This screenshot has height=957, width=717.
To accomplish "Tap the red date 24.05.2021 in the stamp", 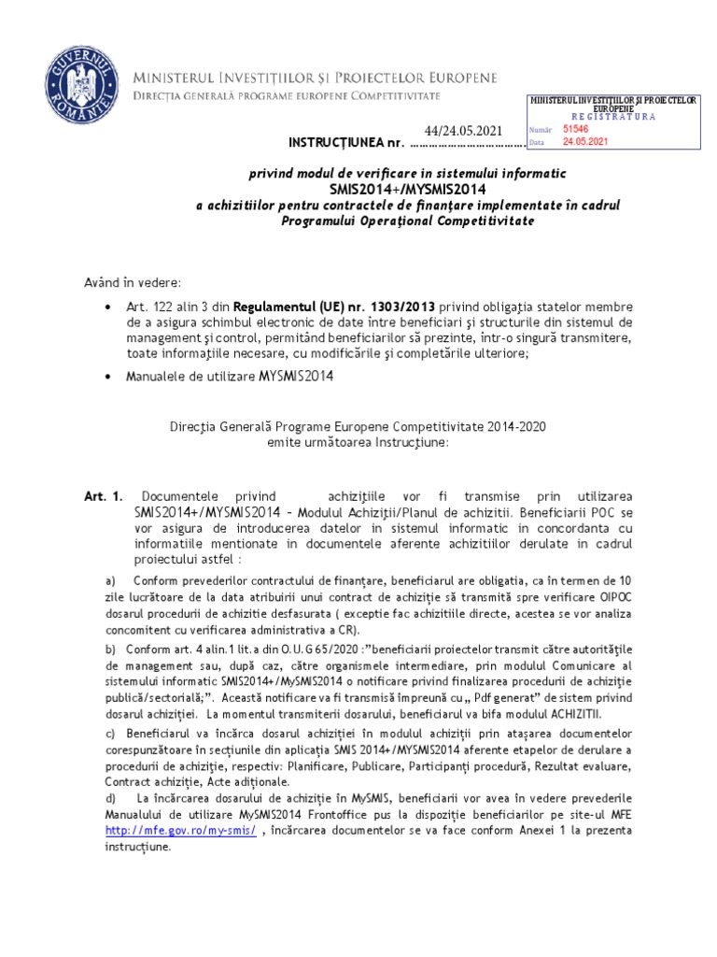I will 585,142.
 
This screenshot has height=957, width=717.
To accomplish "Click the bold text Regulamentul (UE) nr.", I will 294,307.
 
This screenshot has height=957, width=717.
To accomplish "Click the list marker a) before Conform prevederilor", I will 110,580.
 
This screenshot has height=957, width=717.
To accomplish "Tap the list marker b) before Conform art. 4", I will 110,649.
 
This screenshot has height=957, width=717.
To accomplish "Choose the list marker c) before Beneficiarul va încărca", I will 110,734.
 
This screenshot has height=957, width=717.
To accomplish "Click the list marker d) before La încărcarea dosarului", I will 111,797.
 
